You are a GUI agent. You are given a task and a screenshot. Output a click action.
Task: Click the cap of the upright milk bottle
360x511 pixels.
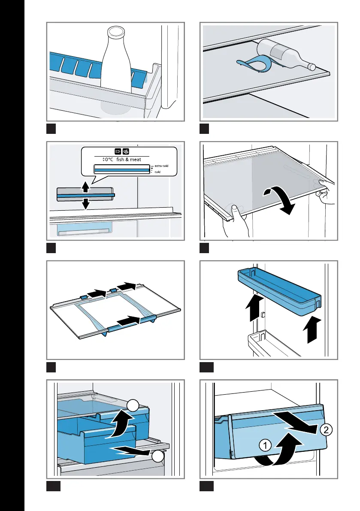click(115, 32)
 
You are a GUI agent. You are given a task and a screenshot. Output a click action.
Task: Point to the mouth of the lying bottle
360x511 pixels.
click(312, 67)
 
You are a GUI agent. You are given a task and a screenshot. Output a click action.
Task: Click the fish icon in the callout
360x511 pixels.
click(117, 151)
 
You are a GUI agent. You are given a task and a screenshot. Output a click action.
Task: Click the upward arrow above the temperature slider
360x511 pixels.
click(86, 187)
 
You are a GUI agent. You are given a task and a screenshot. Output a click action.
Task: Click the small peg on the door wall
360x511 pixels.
click(261, 315)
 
